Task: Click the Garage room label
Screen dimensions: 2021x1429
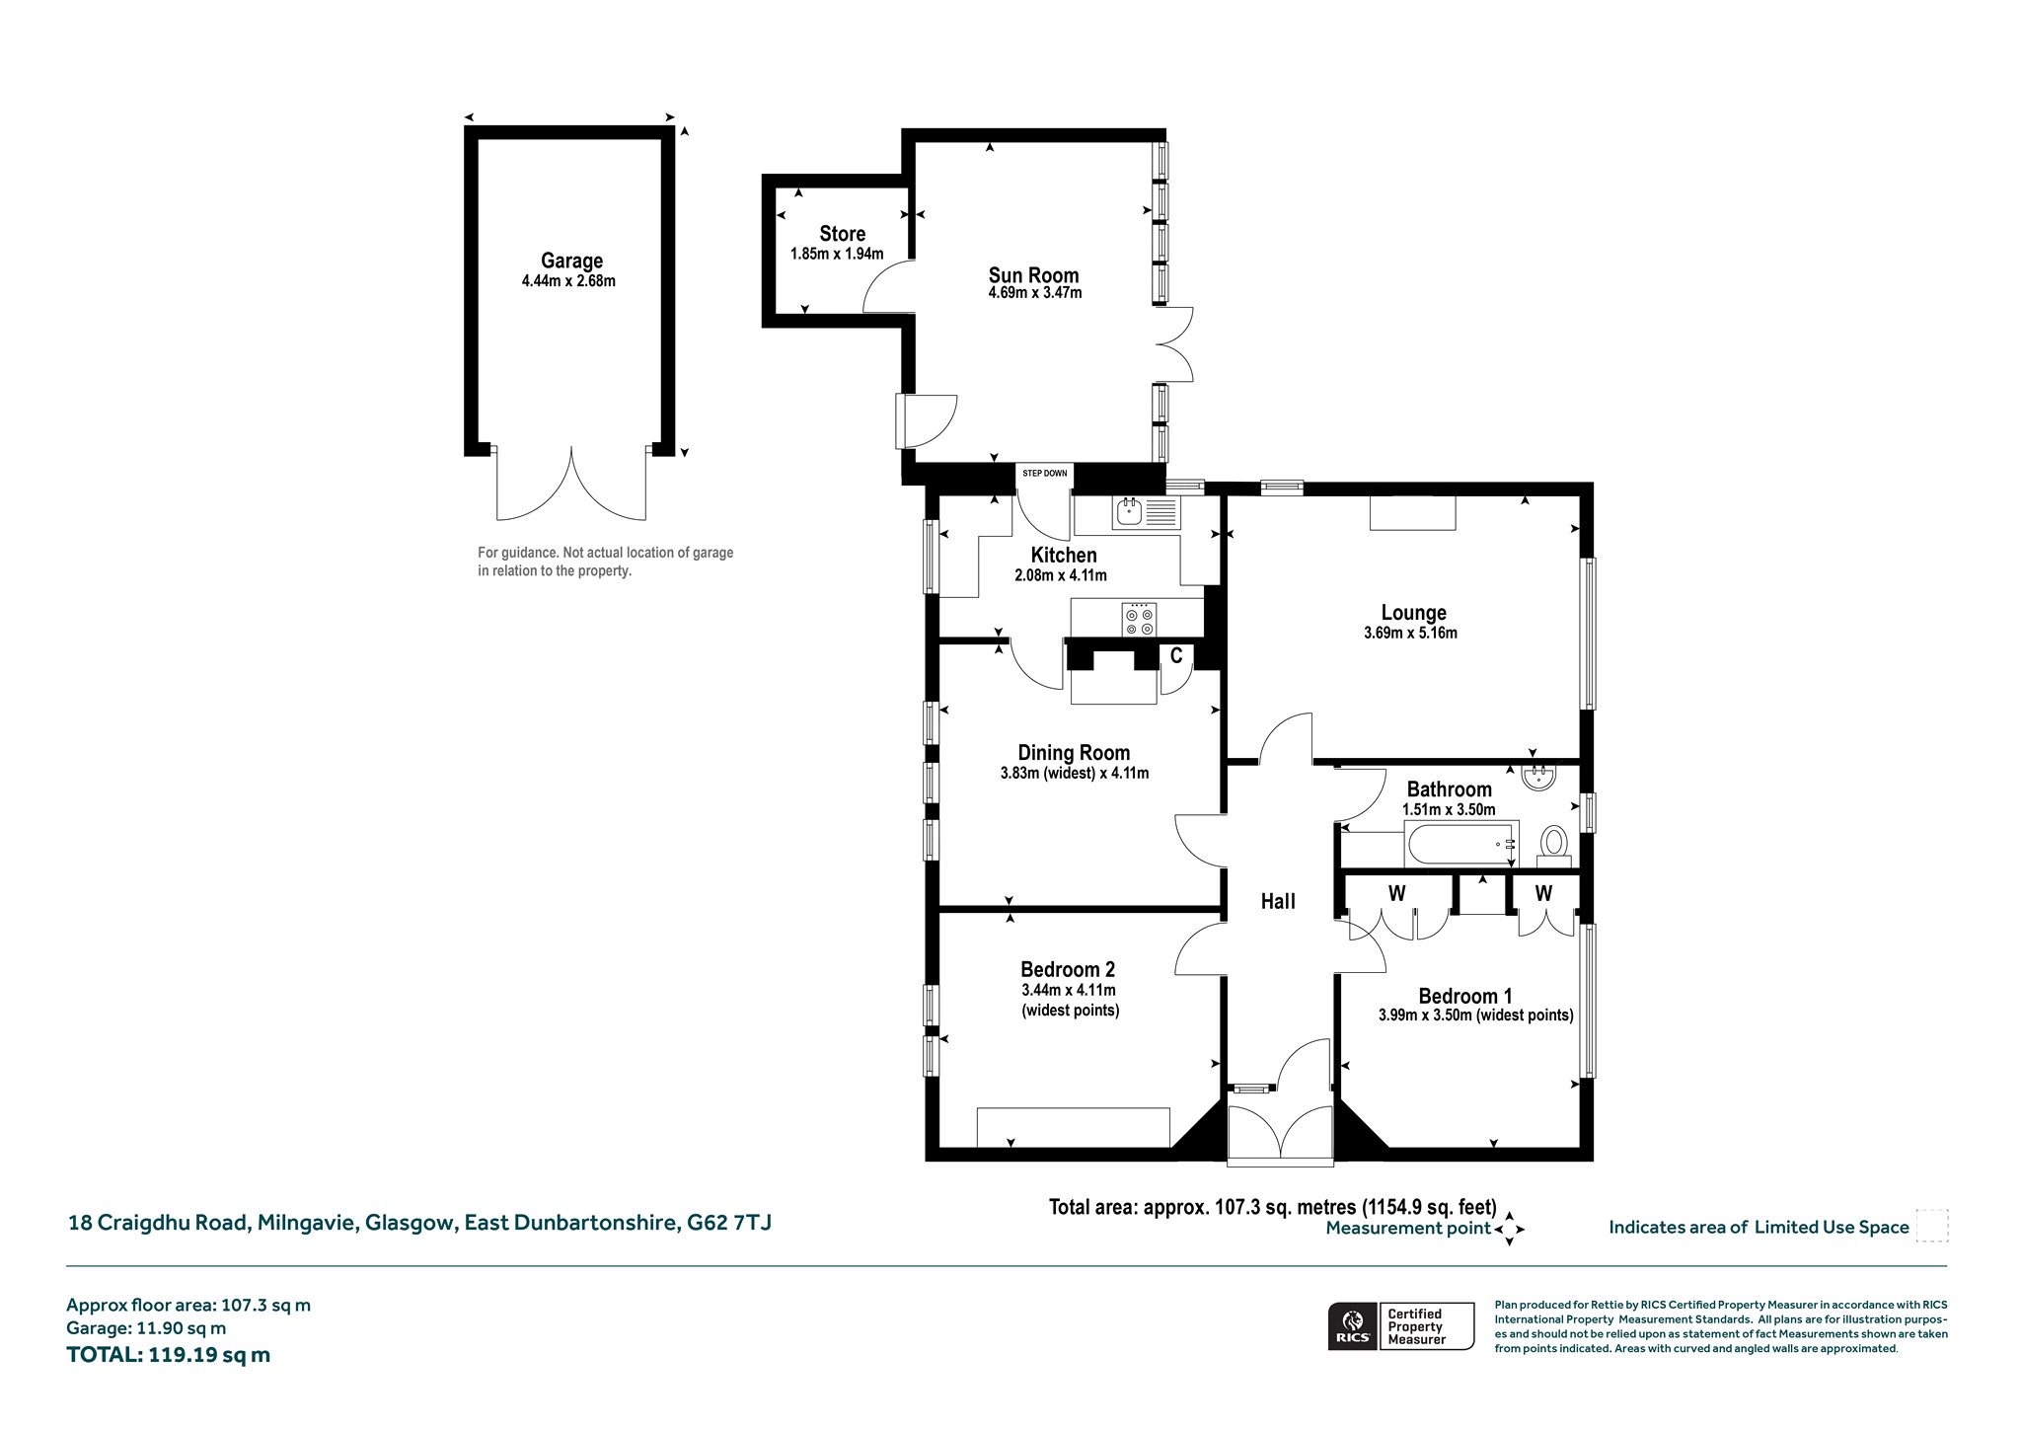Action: pos(571,261)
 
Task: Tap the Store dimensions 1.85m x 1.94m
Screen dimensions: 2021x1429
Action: pos(837,254)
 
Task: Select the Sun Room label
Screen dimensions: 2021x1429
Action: pos(1034,275)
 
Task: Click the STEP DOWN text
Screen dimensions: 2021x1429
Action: pos(1044,474)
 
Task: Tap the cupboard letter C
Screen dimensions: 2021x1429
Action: pos(1176,655)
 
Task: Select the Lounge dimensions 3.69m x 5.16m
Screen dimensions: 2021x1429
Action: pos(1410,633)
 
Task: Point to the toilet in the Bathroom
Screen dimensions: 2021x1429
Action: pos(1554,844)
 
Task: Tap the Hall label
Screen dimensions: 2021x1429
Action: pos(1278,901)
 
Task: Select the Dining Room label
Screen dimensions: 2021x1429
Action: pos(1074,753)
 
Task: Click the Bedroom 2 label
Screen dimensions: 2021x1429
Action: pos(1068,969)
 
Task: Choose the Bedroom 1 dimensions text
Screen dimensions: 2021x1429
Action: pos(1475,1015)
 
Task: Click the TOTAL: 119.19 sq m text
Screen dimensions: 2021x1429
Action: pos(168,1355)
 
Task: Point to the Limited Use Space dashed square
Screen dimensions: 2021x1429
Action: pos(1931,1225)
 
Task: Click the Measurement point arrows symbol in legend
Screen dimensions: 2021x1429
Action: pos(1509,1230)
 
